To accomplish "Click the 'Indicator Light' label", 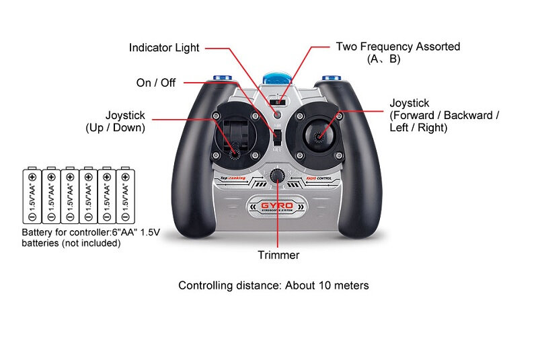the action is (x=164, y=48).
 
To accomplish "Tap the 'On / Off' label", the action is (x=155, y=83).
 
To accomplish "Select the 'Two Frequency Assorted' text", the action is (x=397, y=47).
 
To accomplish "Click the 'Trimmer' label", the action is (x=278, y=255).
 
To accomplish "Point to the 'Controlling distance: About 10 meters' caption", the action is (x=273, y=285).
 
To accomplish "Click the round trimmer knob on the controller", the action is (x=276, y=176).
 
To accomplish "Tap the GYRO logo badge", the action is (x=277, y=205).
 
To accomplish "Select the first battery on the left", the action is (x=31, y=196).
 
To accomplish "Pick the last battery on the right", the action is (x=125, y=196).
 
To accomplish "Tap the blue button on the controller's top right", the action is (x=331, y=78).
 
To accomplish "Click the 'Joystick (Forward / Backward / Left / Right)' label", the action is (x=444, y=115).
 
